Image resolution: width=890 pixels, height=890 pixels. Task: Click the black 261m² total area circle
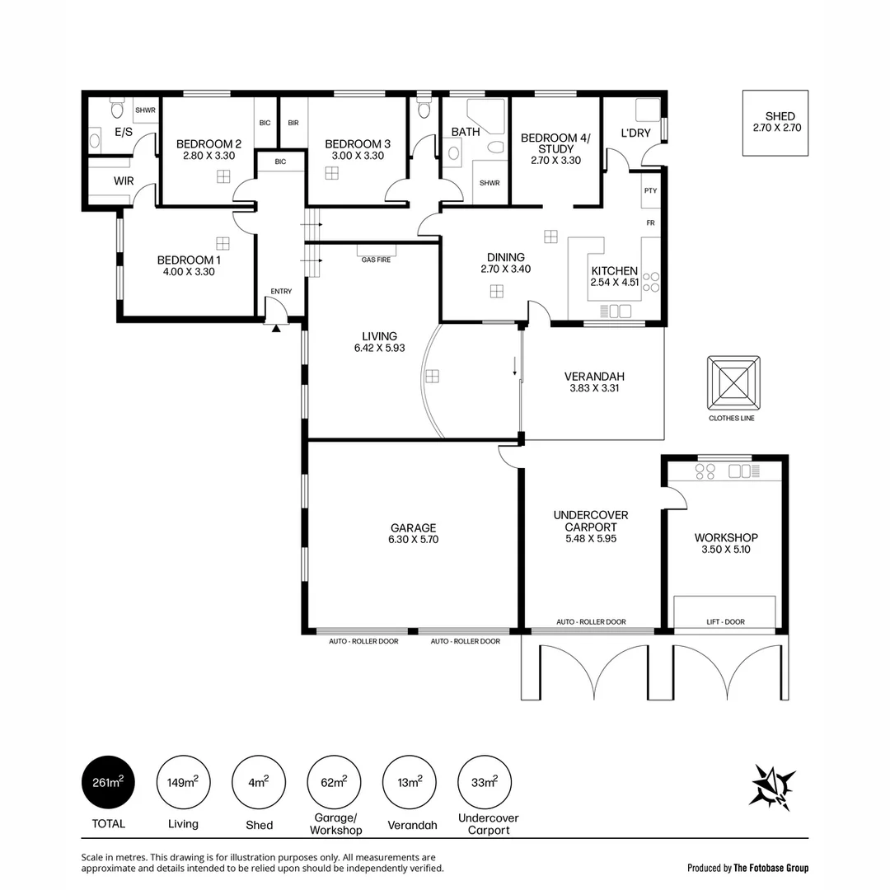pos(108,782)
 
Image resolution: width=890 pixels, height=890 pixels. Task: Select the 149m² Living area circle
pos(183,782)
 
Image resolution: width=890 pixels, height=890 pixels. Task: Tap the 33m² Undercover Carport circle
pos(485,782)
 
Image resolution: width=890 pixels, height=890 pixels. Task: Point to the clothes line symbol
pos(733,383)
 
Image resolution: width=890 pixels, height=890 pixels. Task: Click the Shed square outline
pos(776,123)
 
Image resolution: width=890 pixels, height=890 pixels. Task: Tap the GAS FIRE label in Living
pos(376,260)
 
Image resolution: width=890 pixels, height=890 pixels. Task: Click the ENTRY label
pos(281,291)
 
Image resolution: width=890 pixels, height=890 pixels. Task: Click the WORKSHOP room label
pos(725,537)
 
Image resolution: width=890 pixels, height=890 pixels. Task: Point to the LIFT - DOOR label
pos(725,622)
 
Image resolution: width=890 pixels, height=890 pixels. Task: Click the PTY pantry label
pos(650,190)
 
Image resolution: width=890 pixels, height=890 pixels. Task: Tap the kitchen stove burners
pos(651,282)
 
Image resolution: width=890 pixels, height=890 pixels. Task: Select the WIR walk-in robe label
pos(124,180)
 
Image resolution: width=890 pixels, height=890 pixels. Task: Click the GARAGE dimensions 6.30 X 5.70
pos(413,540)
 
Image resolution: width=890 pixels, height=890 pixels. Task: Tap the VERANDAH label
pos(593,376)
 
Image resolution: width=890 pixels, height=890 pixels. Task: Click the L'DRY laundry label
pos(635,133)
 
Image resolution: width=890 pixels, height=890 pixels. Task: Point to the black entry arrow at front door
pos(276,328)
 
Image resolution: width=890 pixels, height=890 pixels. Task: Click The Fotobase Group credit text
pos(771,868)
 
